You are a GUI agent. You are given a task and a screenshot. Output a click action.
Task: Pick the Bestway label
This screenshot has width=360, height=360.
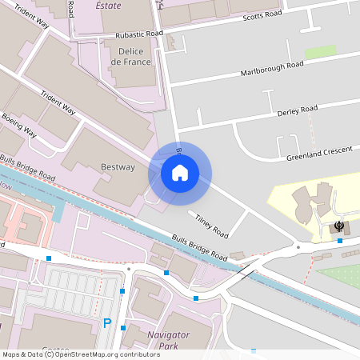pyautogui.click(x=118, y=167)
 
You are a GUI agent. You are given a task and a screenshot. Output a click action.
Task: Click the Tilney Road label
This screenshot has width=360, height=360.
pyautogui.click(x=212, y=225)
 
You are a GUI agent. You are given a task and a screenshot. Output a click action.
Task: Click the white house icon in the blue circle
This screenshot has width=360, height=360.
pyautogui.click(x=180, y=172)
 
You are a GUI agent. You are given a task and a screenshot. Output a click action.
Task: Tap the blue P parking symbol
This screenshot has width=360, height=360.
pyautogui.click(x=107, y=323)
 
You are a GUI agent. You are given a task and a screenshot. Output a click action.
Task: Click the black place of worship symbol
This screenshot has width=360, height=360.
pyautogui.click(x=340, y=227)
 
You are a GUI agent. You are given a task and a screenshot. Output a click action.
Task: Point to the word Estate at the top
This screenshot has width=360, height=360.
pyautogui.click(x=109, y=6)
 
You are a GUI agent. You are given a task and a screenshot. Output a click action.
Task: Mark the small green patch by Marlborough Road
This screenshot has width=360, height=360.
pyautogui.click(x=320, y=52)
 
